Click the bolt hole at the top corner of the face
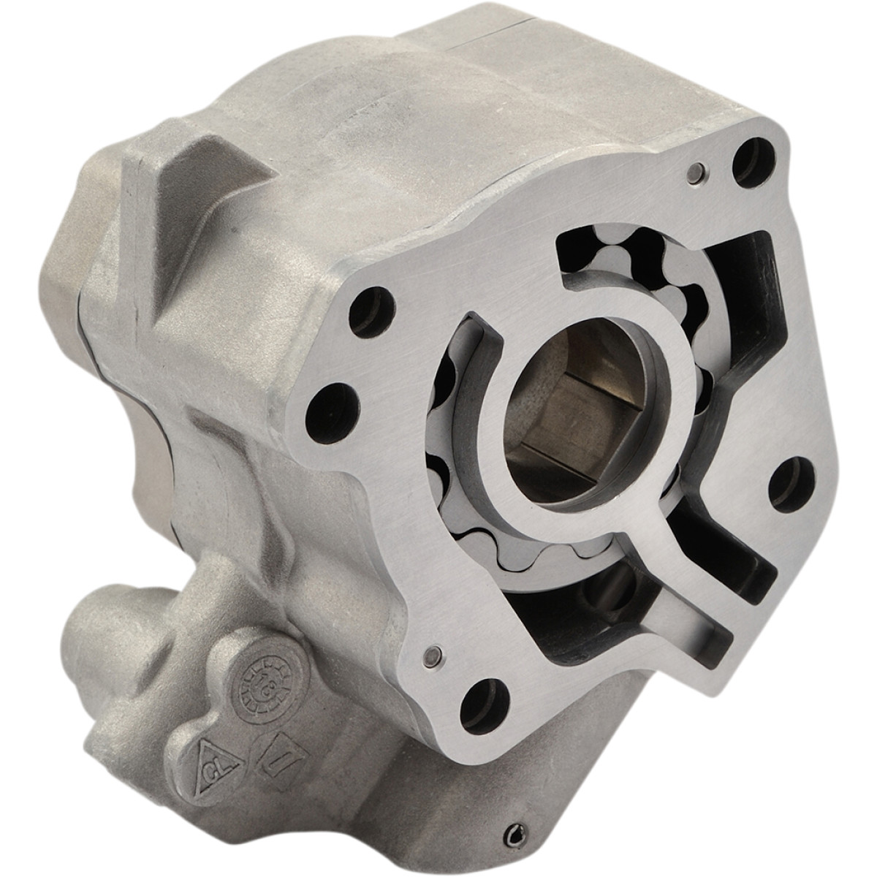tap(747, 148)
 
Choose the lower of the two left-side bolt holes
tap(327, 400)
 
